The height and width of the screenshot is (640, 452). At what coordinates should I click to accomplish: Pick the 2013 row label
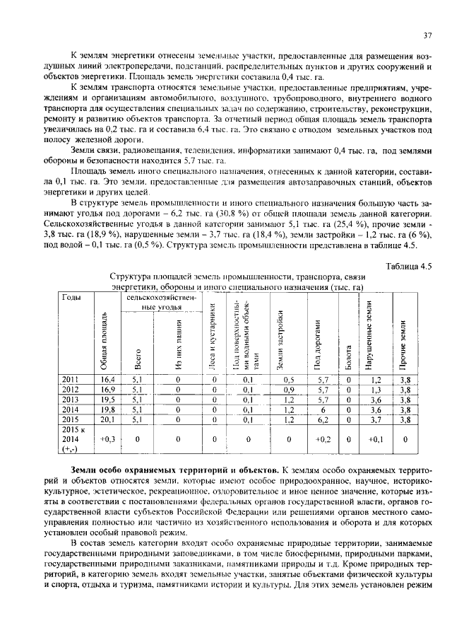(72, 399)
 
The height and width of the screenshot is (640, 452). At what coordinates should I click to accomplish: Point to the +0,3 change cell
(107, 439)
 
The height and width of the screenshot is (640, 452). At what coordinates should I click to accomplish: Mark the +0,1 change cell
(375, 439)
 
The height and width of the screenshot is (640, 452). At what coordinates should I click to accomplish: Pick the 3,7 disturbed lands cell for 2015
(375, 419)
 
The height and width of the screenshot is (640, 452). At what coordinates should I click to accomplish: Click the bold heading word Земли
(86, 470)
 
